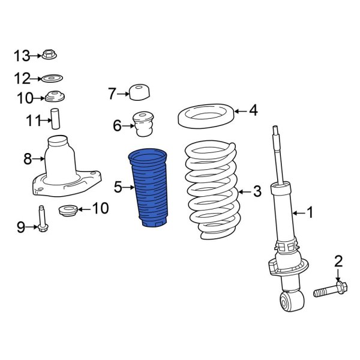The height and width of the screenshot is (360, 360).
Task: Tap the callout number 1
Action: pos(310,212)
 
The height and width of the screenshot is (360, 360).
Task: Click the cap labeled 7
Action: pos(139,92)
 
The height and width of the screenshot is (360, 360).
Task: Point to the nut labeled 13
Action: pos(49,56)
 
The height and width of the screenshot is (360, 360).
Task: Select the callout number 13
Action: pos(22,56)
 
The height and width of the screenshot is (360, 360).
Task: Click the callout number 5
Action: pos(118,188)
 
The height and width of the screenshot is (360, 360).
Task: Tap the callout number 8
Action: pos(27,159)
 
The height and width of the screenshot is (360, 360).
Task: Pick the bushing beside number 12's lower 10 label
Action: pos(55,97)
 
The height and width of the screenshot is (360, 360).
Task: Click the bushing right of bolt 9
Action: pos(66,211)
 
